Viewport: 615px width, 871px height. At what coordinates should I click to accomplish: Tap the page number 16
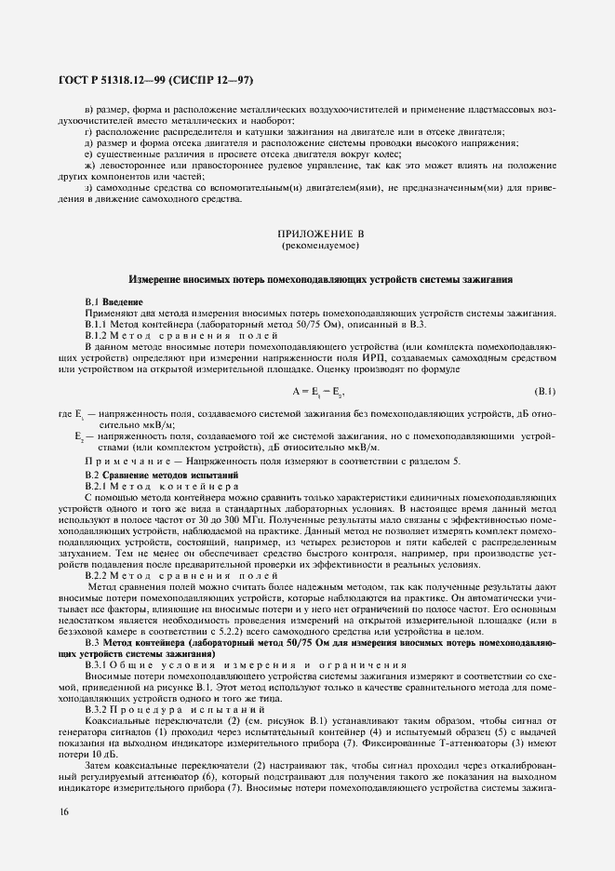pos(62,816)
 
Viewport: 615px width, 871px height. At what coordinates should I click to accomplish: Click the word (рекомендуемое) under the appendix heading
pos(307,247)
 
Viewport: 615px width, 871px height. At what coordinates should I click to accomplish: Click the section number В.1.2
pos(98,334)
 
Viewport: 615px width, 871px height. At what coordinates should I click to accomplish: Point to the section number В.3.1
pos(99,667)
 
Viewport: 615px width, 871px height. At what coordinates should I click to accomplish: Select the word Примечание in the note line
pos(124,462)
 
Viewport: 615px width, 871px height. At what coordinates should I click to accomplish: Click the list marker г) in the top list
pos(88,133)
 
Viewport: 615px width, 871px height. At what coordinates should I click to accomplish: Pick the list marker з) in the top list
pos(88,190)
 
